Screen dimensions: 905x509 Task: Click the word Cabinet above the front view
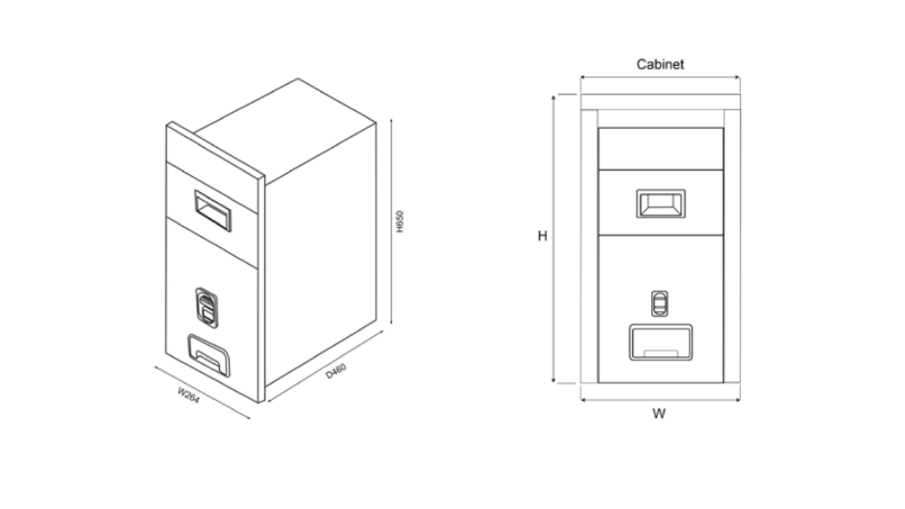660,64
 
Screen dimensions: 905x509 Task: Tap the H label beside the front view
542,236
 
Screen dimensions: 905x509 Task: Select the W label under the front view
659,414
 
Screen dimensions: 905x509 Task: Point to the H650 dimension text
399,221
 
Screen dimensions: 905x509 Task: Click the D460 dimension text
336,371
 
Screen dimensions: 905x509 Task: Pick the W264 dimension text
188,395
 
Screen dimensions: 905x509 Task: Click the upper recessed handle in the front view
660,204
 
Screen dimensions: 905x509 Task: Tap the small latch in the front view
660,303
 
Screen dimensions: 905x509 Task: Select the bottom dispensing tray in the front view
660,342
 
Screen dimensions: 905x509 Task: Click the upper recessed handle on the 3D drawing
213,211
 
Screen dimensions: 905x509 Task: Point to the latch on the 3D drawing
206,308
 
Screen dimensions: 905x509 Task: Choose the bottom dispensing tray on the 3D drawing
209,356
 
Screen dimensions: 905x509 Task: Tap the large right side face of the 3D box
320,255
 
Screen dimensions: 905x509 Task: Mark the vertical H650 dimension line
391,221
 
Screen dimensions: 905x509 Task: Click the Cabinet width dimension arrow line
660,77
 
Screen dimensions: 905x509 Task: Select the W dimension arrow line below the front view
660,400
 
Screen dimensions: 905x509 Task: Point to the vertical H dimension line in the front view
554,239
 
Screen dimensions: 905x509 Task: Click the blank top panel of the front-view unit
660,148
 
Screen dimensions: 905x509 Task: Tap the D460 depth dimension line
325,366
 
